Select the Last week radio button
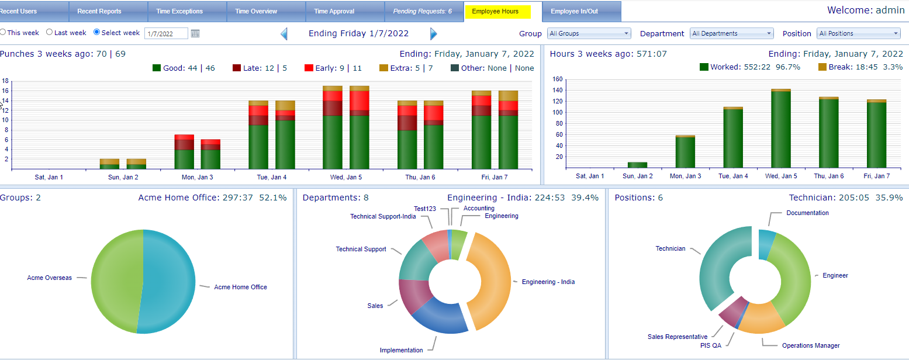50,33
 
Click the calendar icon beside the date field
195,33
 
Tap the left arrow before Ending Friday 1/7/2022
284,34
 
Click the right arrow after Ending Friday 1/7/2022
433,34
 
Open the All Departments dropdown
731,33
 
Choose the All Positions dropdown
858,33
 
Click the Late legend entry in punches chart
259,68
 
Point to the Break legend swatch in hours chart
822,67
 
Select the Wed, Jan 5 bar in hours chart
782,129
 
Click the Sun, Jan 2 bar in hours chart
637,165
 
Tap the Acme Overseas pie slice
114,281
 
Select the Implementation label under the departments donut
401,350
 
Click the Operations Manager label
811,345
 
